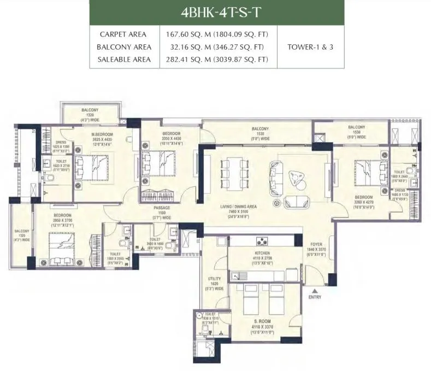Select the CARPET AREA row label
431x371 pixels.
click(123, 33)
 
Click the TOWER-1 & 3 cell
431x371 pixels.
click(310, 46)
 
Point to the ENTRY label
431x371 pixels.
click(314, 297)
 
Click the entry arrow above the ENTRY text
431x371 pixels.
click(314, 290)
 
